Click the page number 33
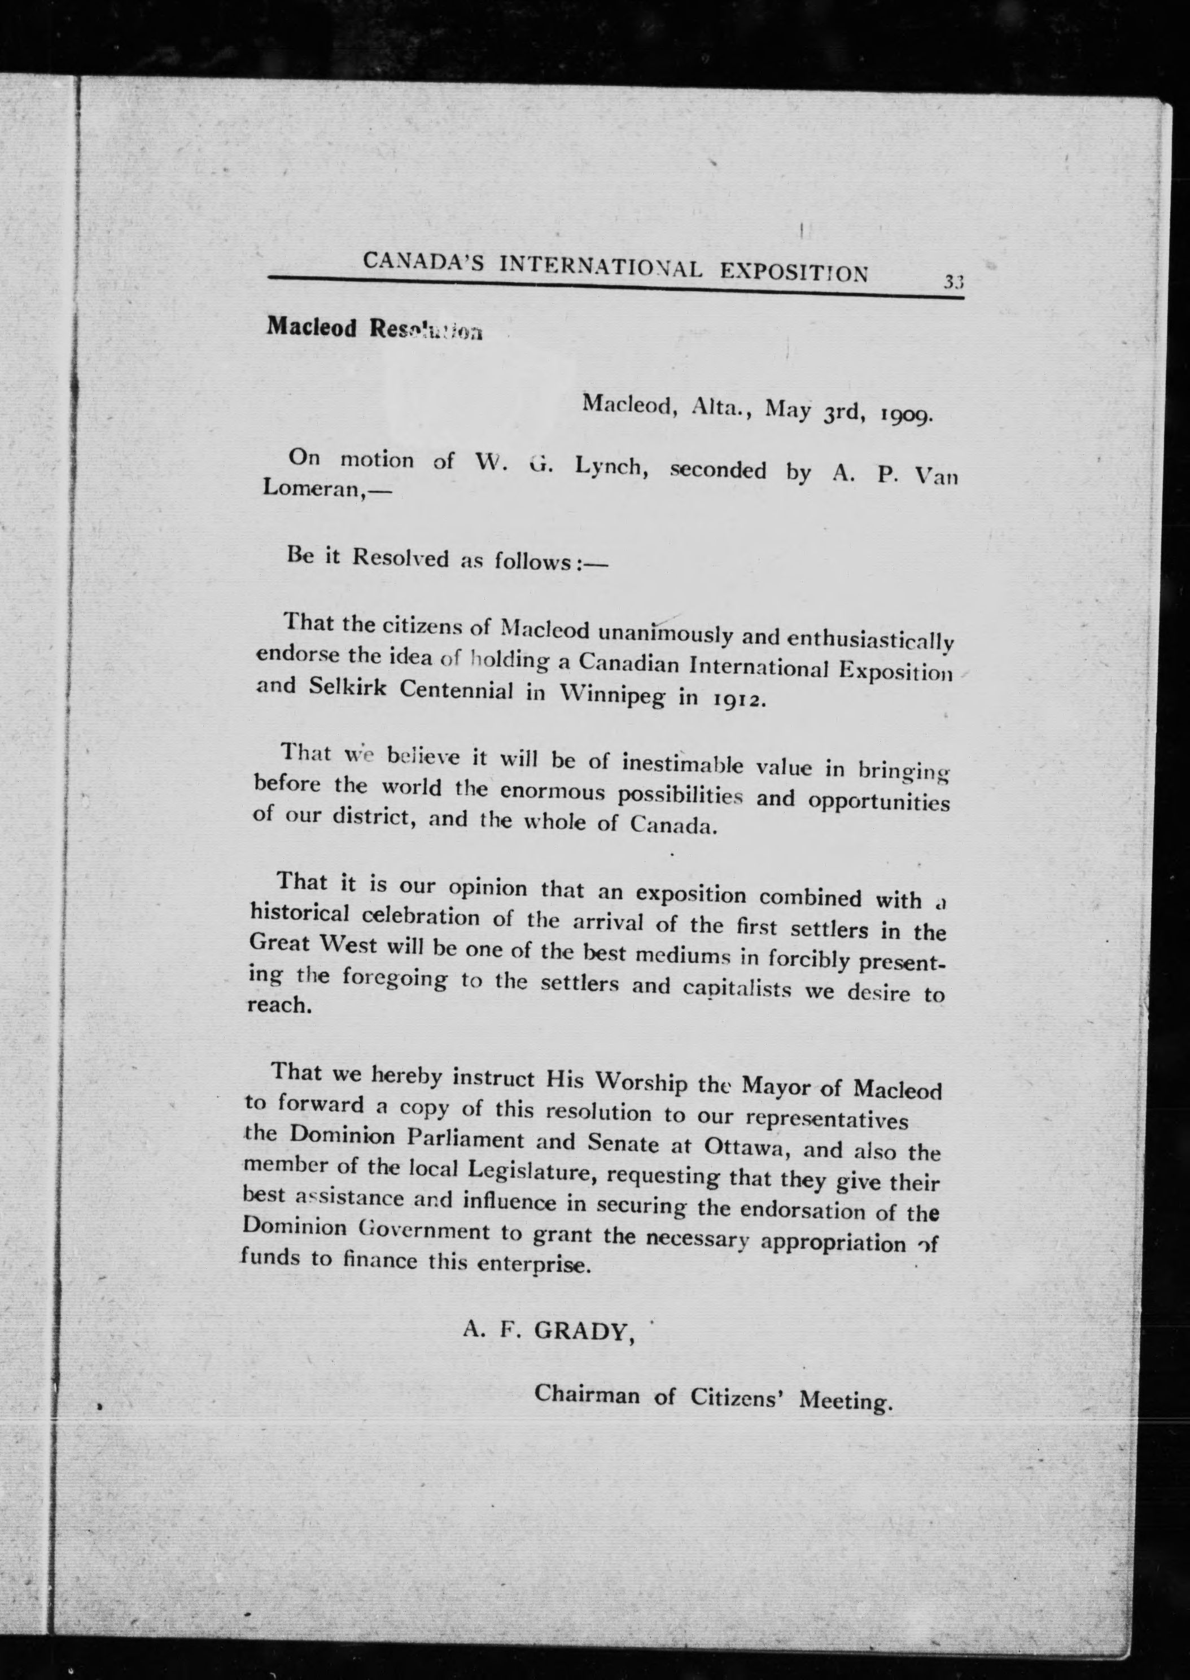pyautogui.click(x=953, y=281)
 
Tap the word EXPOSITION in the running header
pyautogui.click(x=794, y=272)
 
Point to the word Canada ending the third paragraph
pyautogui.click(x=672, y=826)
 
